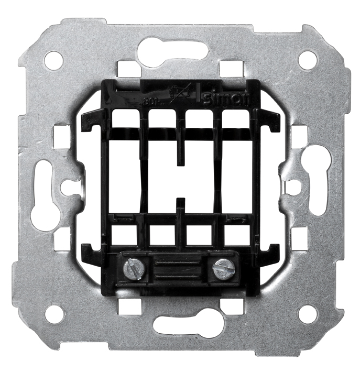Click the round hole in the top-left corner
(x=53, y=60)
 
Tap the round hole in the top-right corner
(x=307, y=60)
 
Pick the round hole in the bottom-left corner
(x=53, y=314)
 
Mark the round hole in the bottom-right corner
(x=307, y=314)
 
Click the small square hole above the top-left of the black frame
(x=126, y=69)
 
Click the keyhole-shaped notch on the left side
(x=68, y=187)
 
